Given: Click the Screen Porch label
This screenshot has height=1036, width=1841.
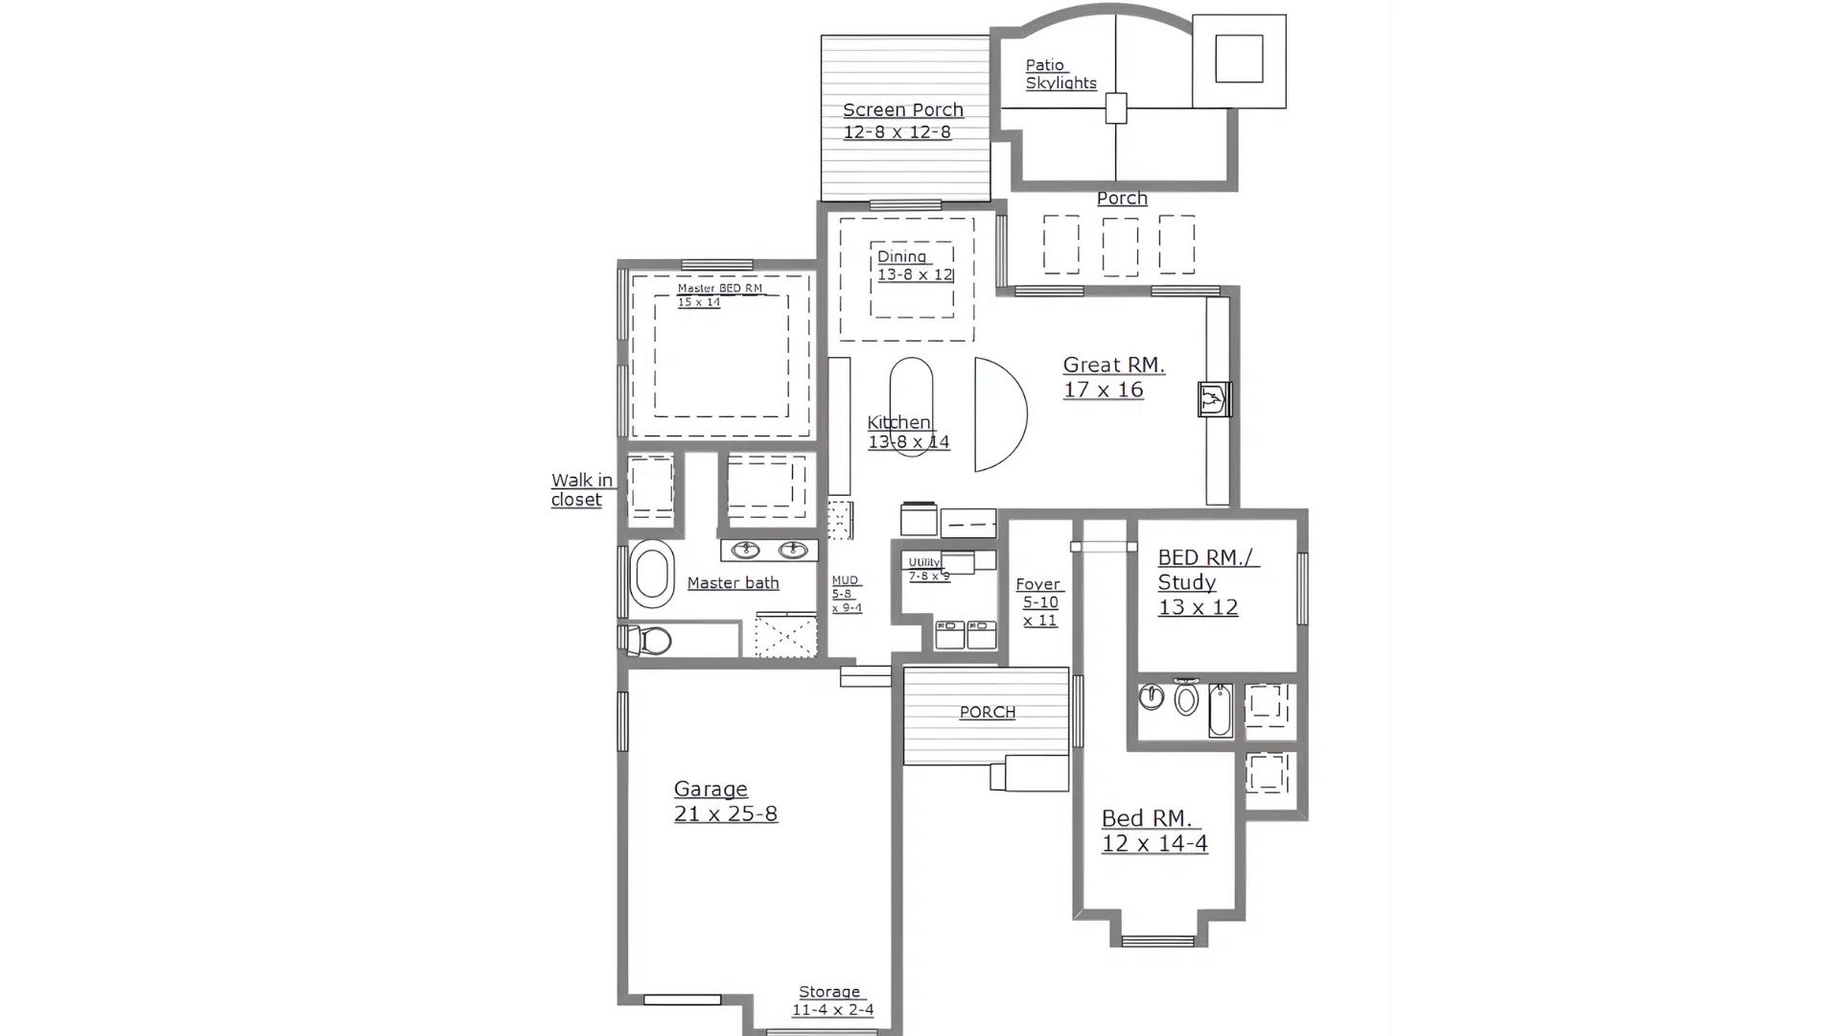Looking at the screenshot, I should (x=902, y=121).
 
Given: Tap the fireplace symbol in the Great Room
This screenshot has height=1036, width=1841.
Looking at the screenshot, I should (x=1214, y=398).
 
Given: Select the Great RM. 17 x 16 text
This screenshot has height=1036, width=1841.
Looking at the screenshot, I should (x=1112, y=377).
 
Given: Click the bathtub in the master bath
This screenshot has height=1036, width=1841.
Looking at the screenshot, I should (x=652, y=575).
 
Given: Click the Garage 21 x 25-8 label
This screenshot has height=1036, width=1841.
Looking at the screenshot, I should (x=724, y=801).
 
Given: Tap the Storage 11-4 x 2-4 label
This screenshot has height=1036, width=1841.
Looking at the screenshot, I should (x=831, y=1001).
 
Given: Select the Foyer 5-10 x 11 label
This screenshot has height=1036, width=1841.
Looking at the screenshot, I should (x=1039, y=602).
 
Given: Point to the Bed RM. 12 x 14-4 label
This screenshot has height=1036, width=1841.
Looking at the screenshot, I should (x=1154, y=831).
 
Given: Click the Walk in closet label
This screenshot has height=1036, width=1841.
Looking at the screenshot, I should (x=581, y=489).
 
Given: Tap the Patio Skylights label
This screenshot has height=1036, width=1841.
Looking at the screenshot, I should (x=1060, y=74).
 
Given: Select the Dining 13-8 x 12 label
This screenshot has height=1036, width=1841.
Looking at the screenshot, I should (x=913, y=265).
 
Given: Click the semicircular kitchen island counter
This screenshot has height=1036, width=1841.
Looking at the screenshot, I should (x=998, y=414).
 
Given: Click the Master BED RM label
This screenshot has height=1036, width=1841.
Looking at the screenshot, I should (x=719, y=294).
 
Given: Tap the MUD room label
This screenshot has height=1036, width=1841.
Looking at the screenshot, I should (x=846, y=594).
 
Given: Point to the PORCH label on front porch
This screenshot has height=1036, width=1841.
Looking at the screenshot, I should (x=987, y=712).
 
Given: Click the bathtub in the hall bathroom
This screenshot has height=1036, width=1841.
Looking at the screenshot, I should (x=1220, y=710).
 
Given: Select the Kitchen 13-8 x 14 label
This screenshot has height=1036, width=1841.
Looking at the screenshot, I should (x=907, y=432).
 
